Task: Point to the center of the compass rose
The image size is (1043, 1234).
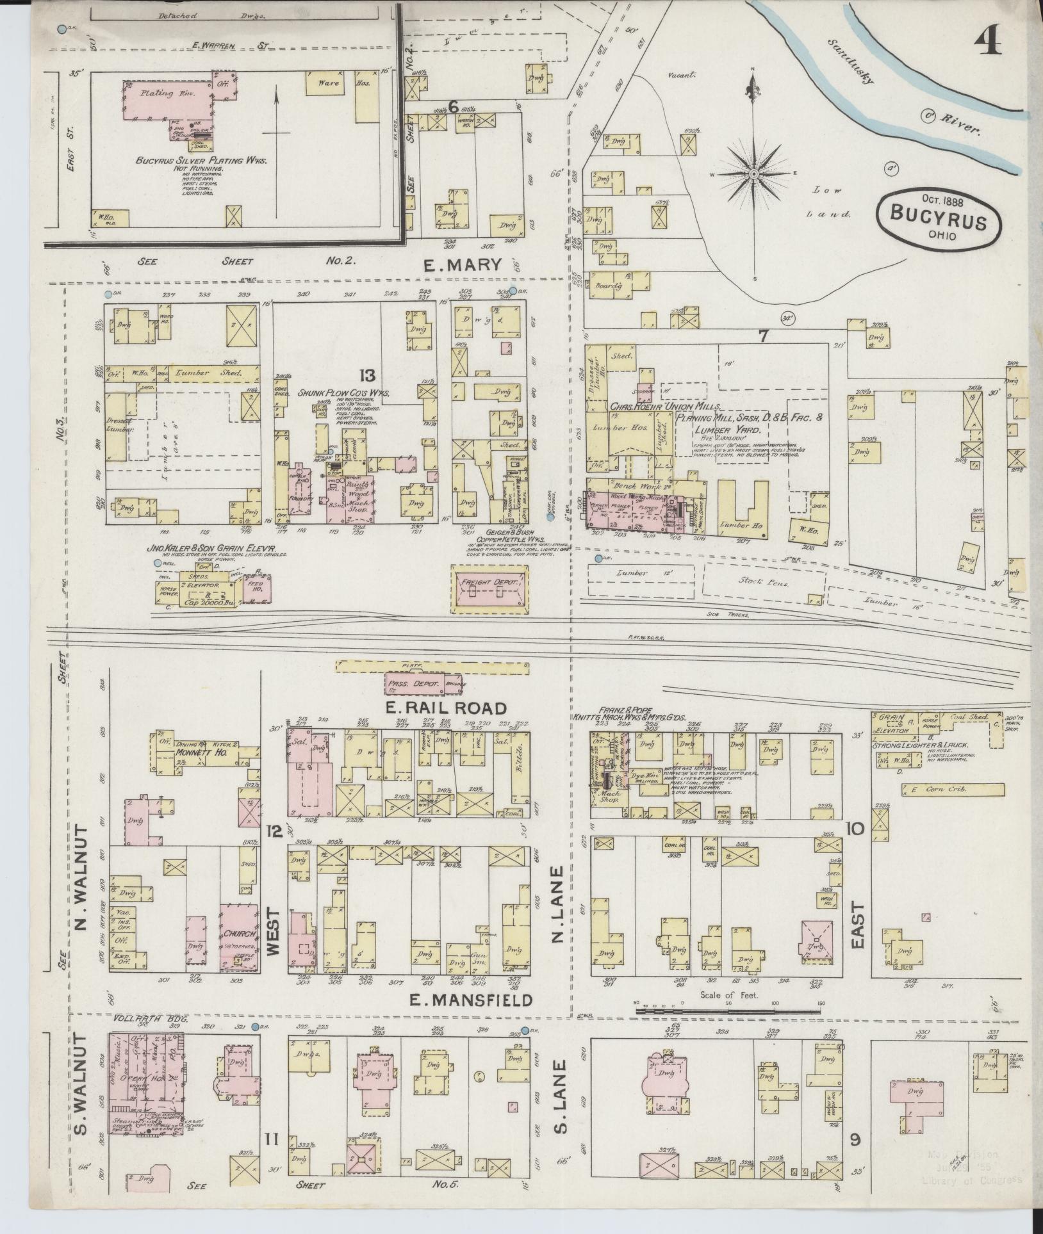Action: (754, 174)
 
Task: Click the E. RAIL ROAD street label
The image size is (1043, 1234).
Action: (446, 708)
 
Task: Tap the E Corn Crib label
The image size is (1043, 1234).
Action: (939, 790)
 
